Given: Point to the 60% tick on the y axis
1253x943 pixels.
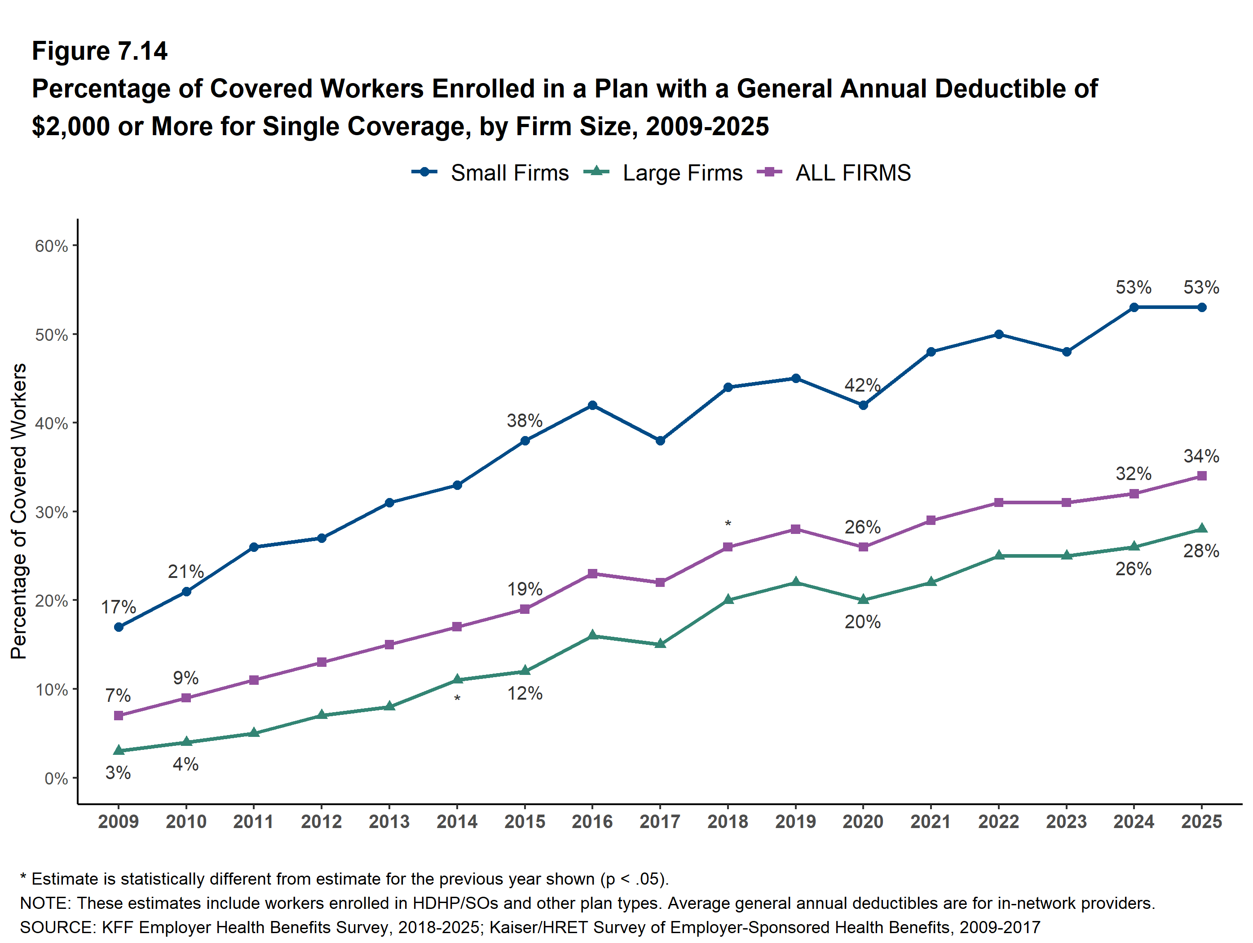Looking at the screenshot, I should (51, 246).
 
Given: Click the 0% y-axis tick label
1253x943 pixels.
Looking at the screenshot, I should (56, 779).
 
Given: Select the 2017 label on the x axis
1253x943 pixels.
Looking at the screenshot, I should (660, 821).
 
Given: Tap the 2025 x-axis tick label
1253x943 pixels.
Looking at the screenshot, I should (1201, 821).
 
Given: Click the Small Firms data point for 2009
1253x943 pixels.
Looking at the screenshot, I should (119, 627).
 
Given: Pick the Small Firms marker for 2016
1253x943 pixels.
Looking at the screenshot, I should (592, 405).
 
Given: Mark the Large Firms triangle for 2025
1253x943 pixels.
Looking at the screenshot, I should (1201, 529).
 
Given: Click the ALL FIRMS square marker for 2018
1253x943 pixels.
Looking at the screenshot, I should (728, 547).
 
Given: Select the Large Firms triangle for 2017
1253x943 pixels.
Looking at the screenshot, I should (660, 643).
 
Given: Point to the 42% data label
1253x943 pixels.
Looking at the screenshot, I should (862, 385).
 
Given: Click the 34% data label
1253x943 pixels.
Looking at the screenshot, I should (1201, 456).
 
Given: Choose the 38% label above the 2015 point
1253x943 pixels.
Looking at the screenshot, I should (525, 420).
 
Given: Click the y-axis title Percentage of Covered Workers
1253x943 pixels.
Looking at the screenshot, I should (19, 511).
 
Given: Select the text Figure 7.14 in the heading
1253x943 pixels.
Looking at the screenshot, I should (100, 51).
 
